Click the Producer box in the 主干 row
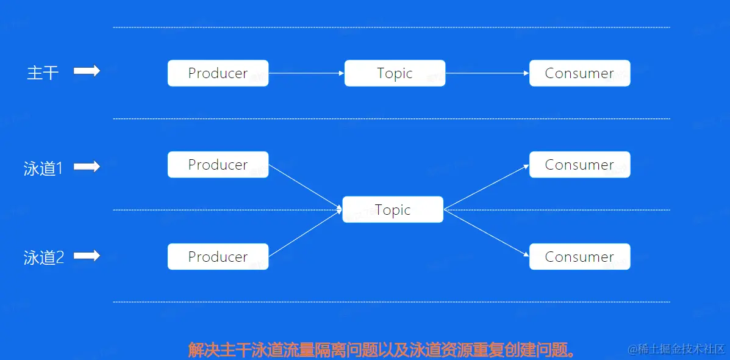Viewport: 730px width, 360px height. [218, 73]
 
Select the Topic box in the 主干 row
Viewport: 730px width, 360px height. [395, 73]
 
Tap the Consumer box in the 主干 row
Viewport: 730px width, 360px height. [579, 73]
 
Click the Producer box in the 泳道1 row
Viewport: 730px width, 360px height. [218, 164]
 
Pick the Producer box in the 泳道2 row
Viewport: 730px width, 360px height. [218, 257]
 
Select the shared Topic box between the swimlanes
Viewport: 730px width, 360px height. [393, 209]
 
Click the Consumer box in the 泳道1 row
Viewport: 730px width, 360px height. [579, 164]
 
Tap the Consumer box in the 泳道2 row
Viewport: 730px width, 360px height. [579, 257]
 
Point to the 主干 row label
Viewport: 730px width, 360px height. [43, 73]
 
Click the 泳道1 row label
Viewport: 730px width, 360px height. [43, 168]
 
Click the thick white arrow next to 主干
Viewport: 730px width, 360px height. [87, 71]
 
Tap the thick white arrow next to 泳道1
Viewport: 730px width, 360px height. [87, 166]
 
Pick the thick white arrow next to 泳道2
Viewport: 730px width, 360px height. [87, 256]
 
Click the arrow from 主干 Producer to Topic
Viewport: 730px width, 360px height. [306, 73]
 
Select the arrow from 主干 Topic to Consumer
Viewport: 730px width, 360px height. [487, 73]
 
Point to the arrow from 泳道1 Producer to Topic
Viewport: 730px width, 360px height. [306, 187]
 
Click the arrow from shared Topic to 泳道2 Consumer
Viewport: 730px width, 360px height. [487, 233]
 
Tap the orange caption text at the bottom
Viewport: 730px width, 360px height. [381, 349]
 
